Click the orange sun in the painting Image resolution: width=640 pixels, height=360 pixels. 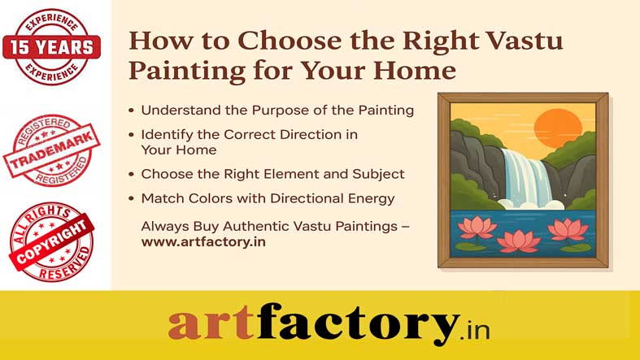tap(558, 129)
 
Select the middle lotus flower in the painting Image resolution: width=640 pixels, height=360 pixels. tap(518, 241)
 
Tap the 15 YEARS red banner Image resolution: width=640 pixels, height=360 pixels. tap(51, 47)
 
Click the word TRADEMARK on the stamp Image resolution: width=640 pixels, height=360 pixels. tap(51, 150)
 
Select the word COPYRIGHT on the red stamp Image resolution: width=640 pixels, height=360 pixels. tap(51, 241)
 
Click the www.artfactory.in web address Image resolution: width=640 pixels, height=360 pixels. tap(203, 242)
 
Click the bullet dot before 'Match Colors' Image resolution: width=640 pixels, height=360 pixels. tap(131, 199)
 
